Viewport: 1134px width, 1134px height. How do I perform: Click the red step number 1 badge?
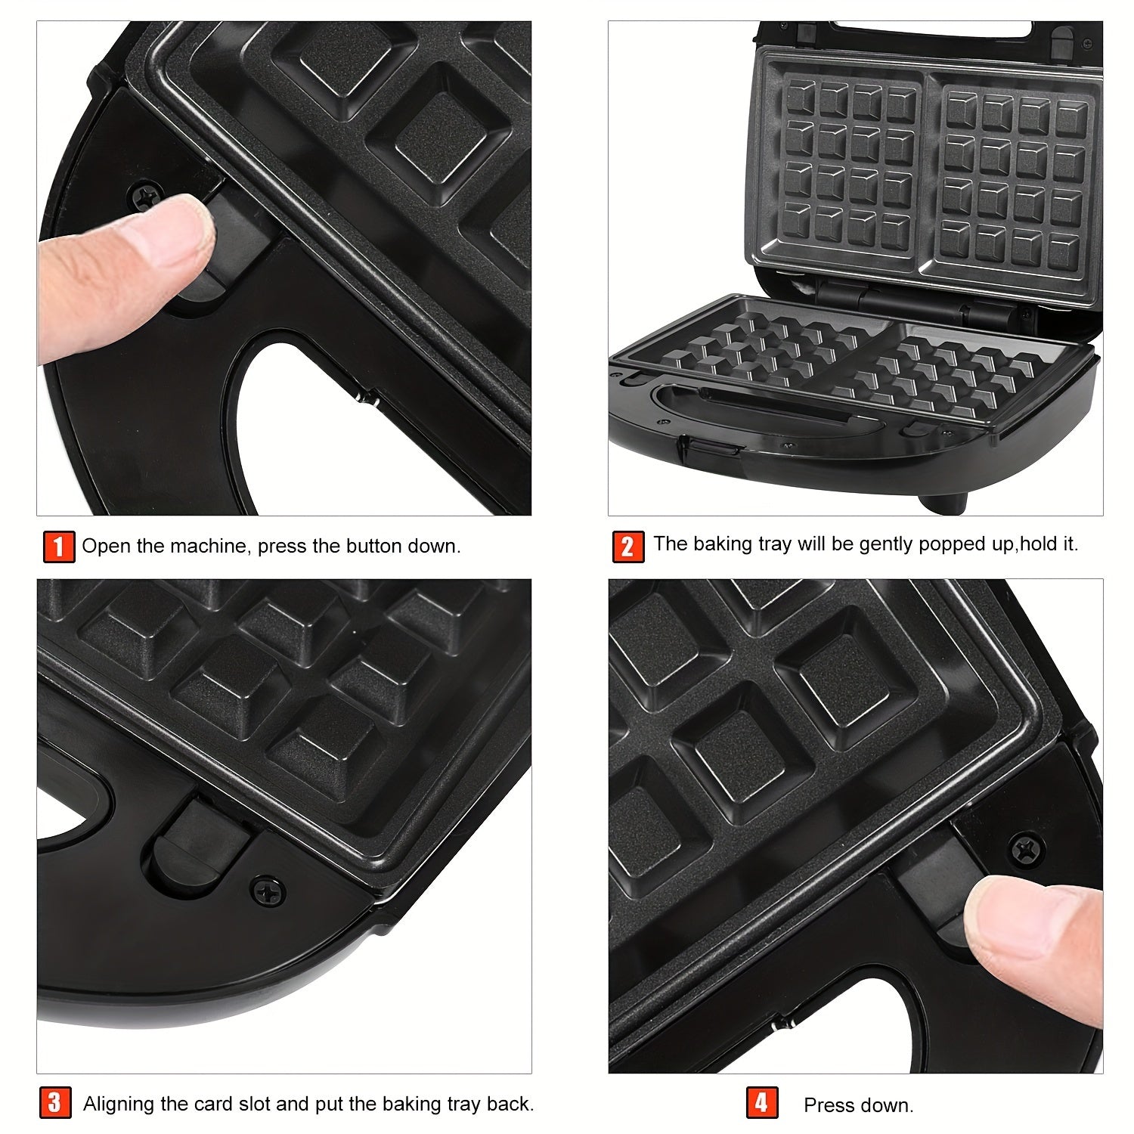coord(59,547)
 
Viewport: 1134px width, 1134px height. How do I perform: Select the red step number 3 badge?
coord(55,1103)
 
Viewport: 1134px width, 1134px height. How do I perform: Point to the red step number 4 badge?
coord(762,1103)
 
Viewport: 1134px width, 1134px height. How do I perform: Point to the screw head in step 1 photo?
coord(144,196)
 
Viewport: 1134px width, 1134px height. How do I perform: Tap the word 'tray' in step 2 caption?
coord(761,545)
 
